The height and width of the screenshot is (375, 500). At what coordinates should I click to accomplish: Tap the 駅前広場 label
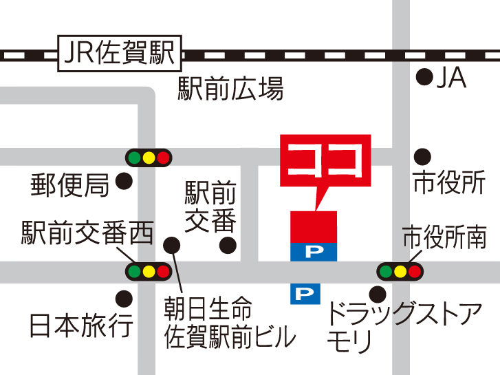point(230,89)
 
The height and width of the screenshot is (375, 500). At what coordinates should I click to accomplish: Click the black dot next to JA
point(426,76)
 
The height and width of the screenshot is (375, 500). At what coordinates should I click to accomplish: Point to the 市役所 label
point(449,182)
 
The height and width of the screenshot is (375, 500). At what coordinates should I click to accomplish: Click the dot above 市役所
point(422,155)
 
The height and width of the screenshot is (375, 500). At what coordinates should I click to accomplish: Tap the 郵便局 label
point(70,184)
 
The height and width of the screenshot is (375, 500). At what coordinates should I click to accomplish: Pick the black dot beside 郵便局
point(124,182)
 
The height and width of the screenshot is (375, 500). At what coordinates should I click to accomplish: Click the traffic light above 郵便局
point(148,158)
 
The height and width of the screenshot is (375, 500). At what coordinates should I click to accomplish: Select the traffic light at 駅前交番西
point(148,271)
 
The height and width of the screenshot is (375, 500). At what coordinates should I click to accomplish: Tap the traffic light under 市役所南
point(400,271)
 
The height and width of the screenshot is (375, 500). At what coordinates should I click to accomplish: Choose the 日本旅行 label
point(81,325)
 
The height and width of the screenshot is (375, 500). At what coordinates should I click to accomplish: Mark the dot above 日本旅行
point(124,299)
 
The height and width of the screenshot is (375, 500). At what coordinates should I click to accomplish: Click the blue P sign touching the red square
point(314,252)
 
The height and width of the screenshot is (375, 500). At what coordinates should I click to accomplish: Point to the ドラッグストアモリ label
point(402,327)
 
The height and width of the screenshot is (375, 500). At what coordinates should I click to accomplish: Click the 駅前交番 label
point(210,207)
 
